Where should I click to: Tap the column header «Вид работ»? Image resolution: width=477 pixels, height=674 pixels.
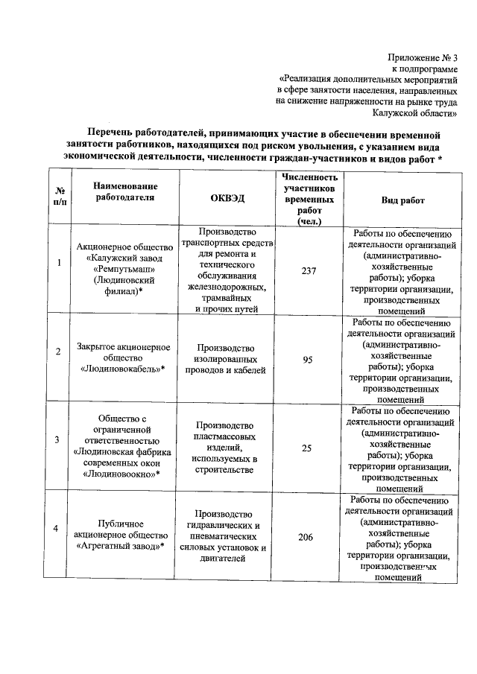tap(402, 200)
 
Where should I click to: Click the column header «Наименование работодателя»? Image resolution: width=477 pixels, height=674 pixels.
tap(126, 191)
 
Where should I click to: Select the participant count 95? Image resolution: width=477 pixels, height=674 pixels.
tap(306, 360)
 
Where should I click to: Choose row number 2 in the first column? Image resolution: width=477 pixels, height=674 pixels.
tap(60, 351)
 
